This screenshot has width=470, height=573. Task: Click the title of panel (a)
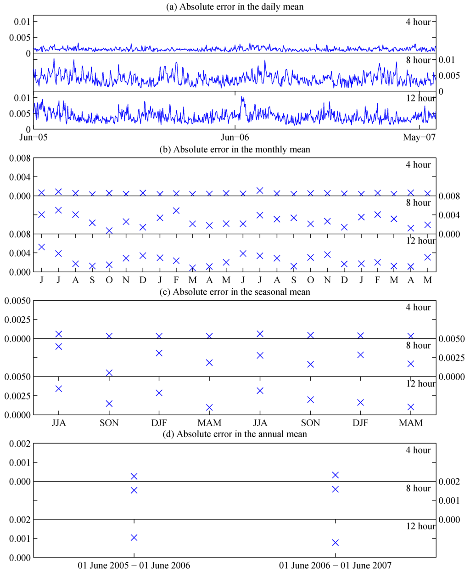(235, 6)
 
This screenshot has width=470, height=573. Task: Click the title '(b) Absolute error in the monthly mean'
(235, 149)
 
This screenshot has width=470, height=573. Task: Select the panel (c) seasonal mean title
(235, 292)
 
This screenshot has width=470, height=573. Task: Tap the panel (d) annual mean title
(235, 433)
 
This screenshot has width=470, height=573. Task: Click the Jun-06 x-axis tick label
(235, 137)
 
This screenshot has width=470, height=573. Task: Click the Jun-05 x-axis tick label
(34, 137)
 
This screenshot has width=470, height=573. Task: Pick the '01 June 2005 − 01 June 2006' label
(134, 565)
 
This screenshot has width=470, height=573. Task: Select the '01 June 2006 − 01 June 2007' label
(335, 565)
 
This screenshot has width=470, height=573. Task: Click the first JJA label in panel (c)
(59, 422)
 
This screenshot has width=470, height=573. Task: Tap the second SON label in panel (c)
(310, 422)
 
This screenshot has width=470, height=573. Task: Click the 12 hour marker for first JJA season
(59, 388)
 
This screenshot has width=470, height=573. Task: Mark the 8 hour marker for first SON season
(109, 373)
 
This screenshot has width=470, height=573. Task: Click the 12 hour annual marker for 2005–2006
(134, 537)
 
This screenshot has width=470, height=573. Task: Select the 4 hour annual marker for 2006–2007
(335, 475)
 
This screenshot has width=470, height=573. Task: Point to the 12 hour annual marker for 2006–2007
(335, 542)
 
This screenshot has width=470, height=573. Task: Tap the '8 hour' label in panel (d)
(418, 488)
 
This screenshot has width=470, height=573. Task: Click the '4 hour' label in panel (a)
(418, 22)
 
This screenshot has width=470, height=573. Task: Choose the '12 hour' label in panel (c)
(420, 383)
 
